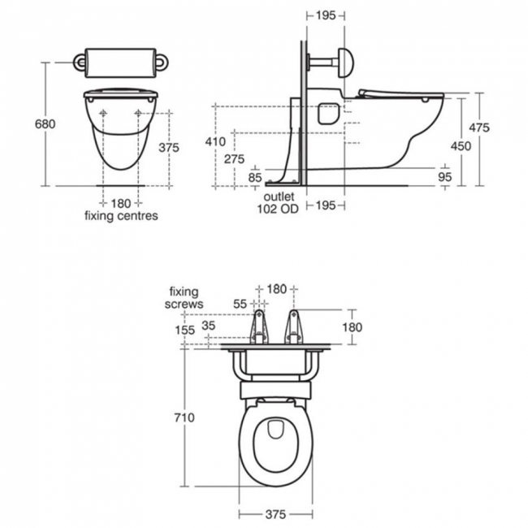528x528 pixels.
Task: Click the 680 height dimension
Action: tap(45, 124)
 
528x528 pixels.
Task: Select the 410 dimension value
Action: tap(215, 141)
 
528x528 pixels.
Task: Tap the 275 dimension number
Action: tap(235, 158)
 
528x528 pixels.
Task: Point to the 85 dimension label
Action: tap(255, 177)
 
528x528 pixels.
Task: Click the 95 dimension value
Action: tap(445, 177)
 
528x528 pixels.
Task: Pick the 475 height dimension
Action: tap(479, 128)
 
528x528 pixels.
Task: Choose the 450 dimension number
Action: tap(461, 146)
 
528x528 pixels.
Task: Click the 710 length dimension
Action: tap(184, 418)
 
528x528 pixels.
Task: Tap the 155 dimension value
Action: tap(185, 330)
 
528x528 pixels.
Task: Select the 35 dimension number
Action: tap(209, 326)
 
